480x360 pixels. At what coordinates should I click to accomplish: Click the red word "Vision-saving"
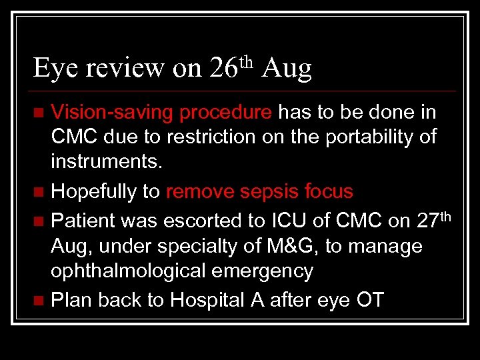[x=113, y=111]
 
